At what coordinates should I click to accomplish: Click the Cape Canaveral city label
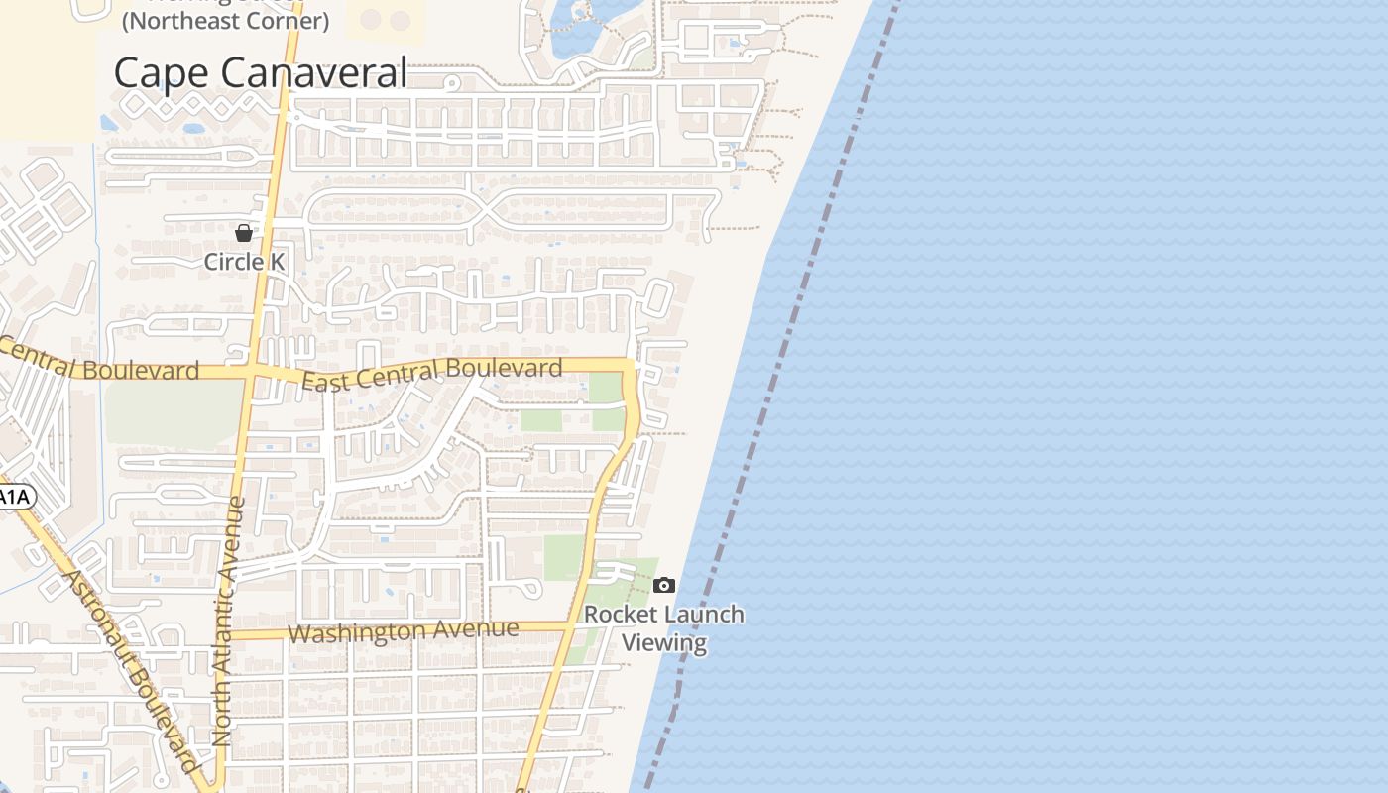click(x=260, y=72)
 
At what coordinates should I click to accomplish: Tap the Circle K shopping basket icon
click(x=244, y=233)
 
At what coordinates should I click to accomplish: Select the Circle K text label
click(x=244, y=262)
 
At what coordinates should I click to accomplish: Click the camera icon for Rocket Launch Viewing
click(x=664, y=586)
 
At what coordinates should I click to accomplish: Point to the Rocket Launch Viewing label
click(x=663, y=627)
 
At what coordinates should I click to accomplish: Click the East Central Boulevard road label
click(x=431, y=374)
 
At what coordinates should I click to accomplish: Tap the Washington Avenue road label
click(x=403, y=630)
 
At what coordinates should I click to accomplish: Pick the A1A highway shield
click(x=14, y=497)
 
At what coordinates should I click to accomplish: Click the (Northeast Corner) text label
click(x=225, y=21)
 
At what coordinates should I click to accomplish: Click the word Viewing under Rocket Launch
click(x=664, y=642)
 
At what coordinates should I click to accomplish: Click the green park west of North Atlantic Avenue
click(x=173, y=411)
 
